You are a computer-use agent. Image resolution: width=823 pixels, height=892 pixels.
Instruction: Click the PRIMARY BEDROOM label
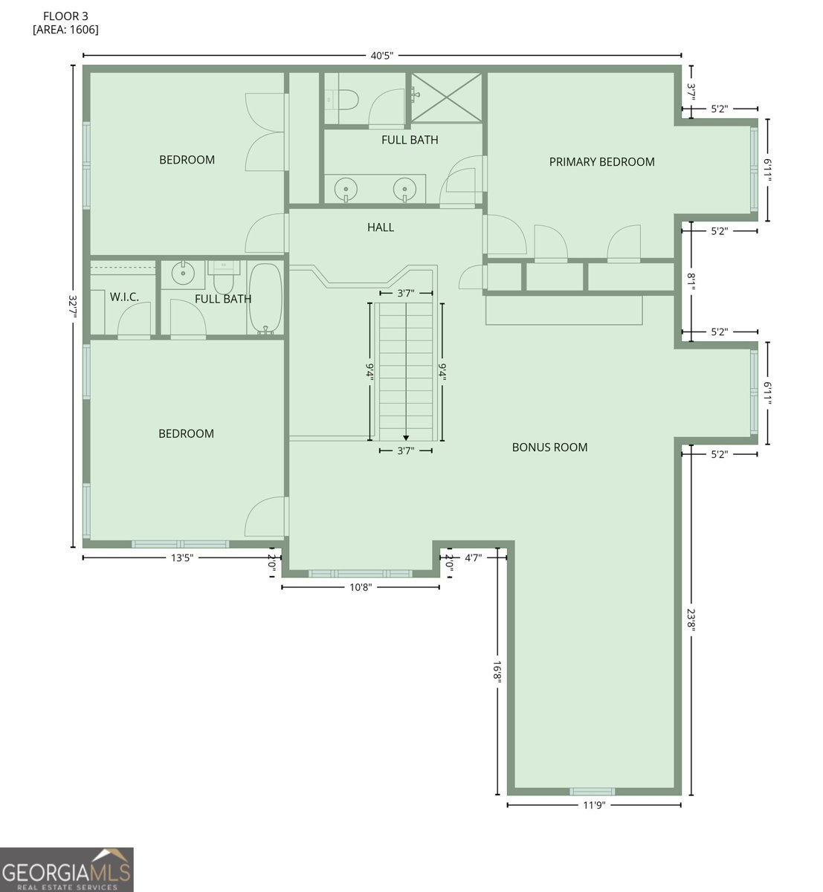pos(601,162)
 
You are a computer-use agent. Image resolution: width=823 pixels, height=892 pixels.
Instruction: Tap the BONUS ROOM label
pos(549,447)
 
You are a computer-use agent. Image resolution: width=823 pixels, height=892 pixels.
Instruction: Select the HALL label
pos(380,227)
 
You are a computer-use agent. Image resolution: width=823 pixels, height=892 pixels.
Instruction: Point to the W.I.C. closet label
pos(124,297)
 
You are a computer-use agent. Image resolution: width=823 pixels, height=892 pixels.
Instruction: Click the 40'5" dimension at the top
pos(381,56)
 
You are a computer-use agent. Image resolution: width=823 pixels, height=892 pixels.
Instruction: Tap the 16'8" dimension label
pos(497,672)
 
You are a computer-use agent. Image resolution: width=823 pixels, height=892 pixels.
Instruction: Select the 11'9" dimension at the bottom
pos(593,805)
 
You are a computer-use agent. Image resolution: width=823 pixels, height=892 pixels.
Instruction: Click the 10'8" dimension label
pos(360,587)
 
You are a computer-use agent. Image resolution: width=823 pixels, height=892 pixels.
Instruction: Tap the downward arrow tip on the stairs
pos(406,439)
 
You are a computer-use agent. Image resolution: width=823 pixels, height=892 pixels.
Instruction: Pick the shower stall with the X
pos(446,97)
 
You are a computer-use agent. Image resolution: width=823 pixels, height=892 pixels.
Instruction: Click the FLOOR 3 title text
pos(65,16)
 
